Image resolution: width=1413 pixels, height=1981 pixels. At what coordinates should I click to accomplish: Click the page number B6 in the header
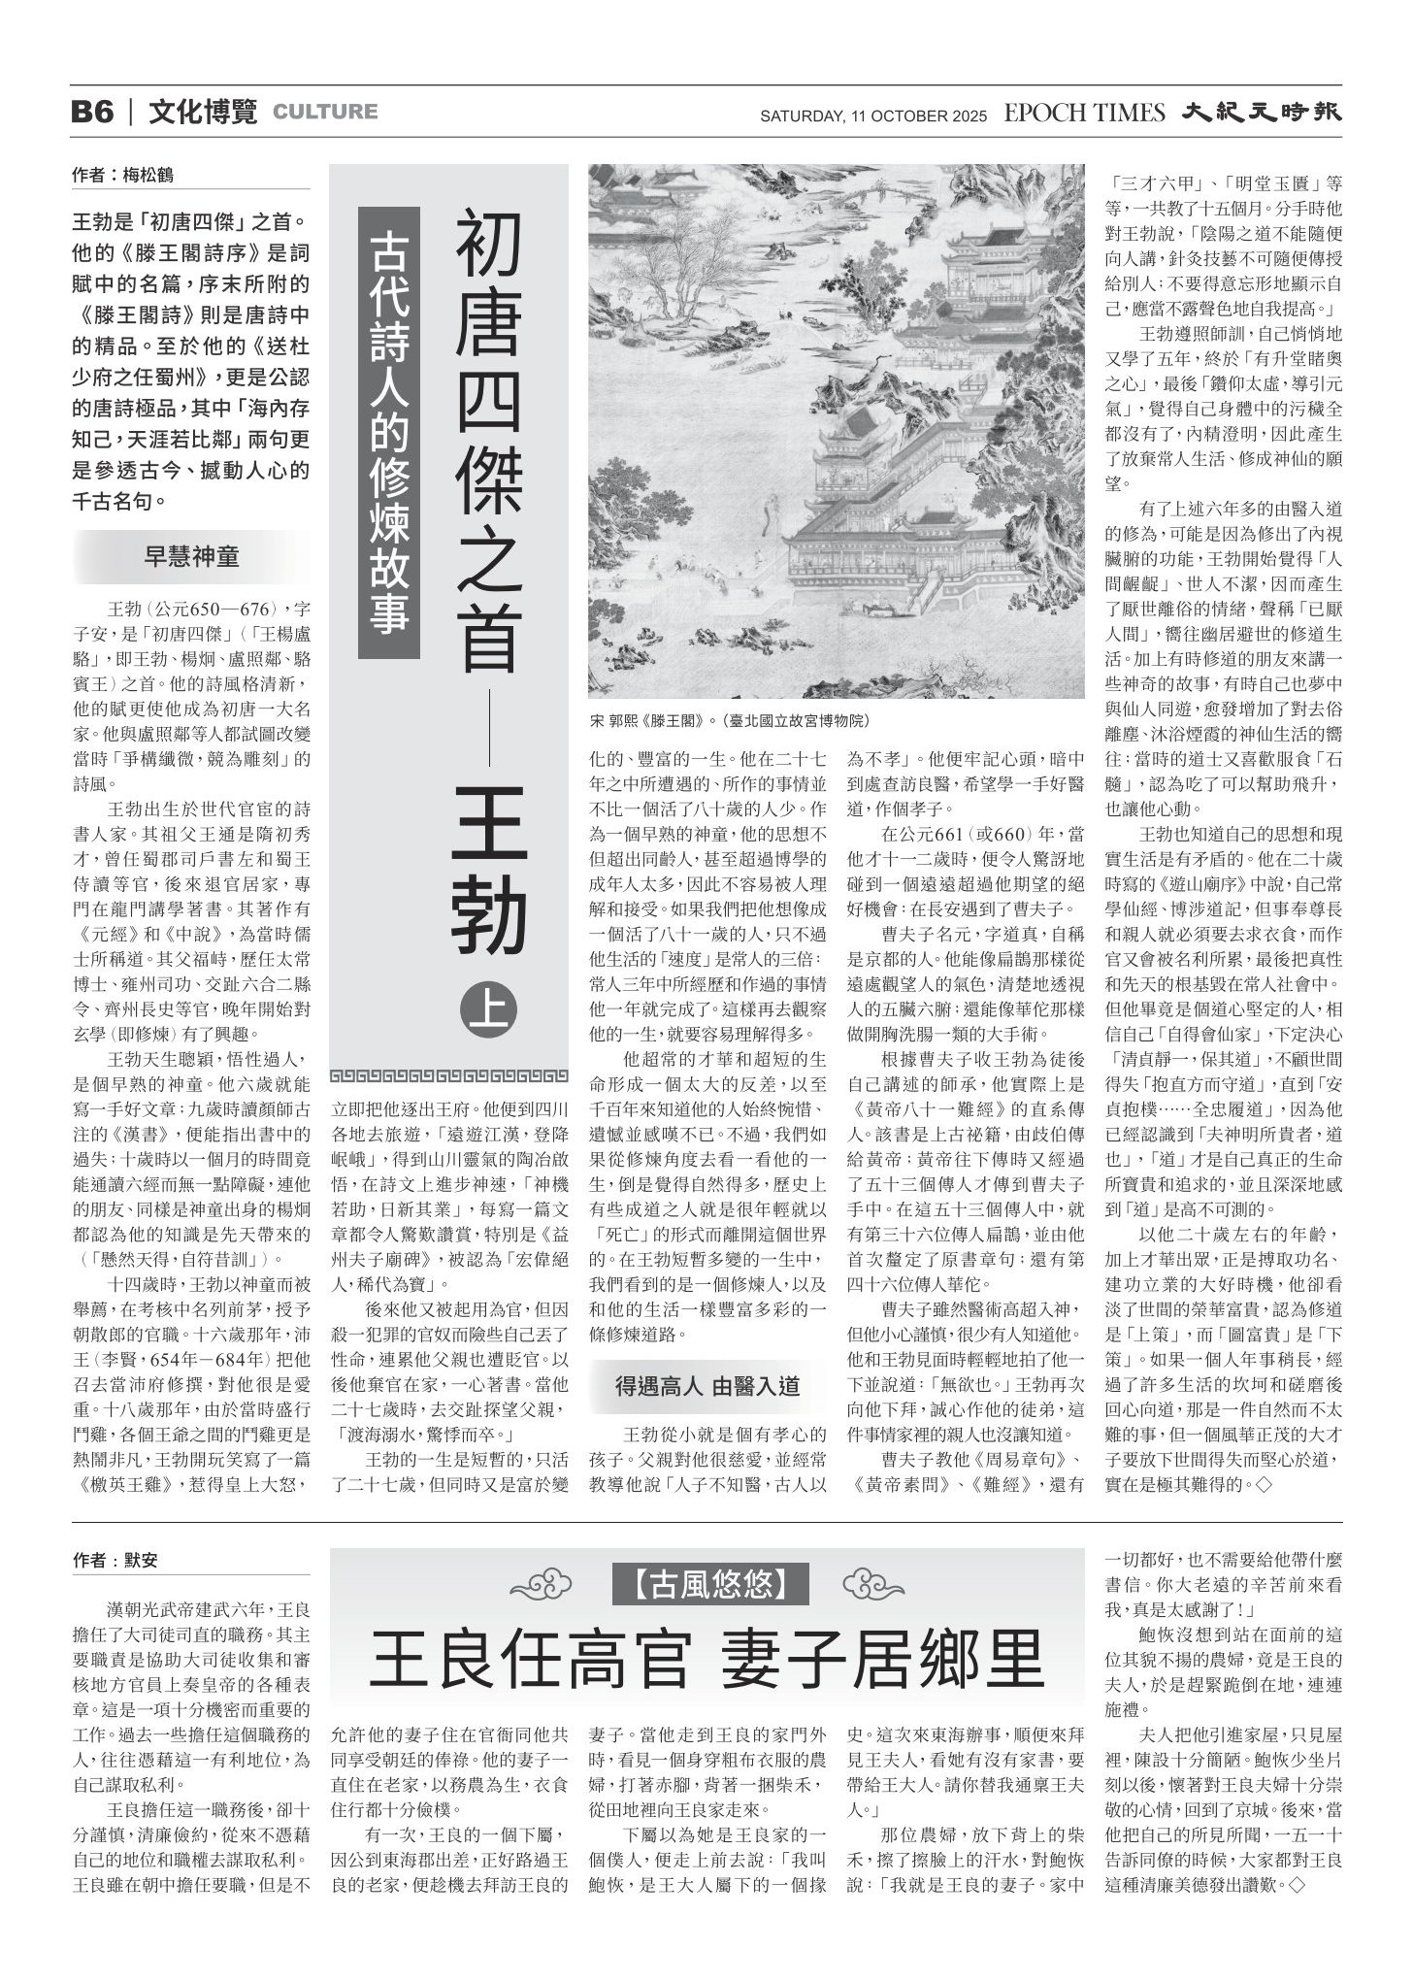click(x=93, y=112)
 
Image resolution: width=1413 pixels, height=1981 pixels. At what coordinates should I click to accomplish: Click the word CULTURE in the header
click(x=325, y=112)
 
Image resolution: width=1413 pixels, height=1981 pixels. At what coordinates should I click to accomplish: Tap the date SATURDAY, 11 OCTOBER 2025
click(x=872, y=116)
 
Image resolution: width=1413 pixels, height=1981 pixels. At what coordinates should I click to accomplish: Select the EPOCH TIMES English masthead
click(x=1084, y=113)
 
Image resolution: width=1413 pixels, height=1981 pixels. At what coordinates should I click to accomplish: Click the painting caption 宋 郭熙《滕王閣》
click(x=730, y=721)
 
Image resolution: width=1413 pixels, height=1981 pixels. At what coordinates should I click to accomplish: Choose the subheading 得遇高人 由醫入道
click(x=707, y=1385)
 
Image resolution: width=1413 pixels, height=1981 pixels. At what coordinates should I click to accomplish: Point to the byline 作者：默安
click(x=115, y=1561)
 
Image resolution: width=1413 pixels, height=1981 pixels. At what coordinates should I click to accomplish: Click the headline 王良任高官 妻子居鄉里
click(x=706, y=1663)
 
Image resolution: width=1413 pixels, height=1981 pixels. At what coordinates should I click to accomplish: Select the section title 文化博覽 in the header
click(x=203, y=112)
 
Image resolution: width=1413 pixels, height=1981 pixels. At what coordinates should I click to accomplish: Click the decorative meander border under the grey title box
click(x=449, y=1075)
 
